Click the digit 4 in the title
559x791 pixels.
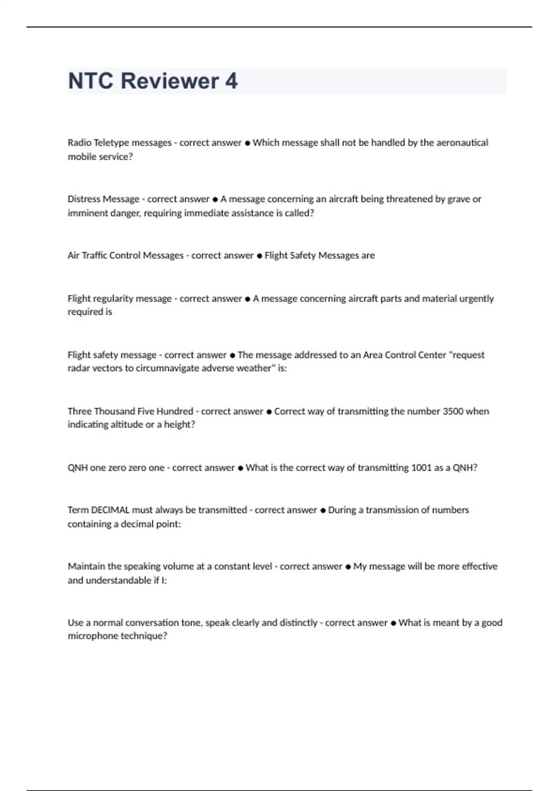tap(232, 81)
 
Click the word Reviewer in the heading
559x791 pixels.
tap(170, 81)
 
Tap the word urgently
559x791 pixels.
tap(476, 299)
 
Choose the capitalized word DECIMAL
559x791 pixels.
tap(110, 510)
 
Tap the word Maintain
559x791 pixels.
tap(86, 566)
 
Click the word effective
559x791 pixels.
tap(479, 566)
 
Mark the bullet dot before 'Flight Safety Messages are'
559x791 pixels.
tap(259, 256)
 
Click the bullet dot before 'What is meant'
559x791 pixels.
tap(393, 623)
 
